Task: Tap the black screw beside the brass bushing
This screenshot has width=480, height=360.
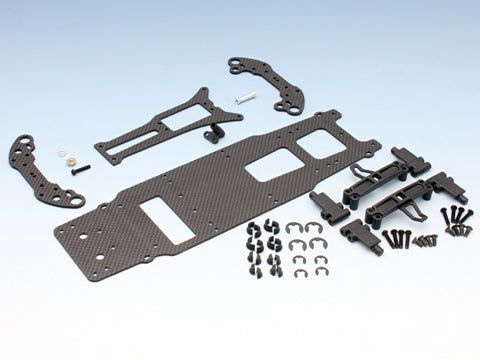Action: click(x=81, y=167)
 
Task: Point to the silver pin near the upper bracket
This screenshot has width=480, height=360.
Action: click(x=244, y=97)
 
